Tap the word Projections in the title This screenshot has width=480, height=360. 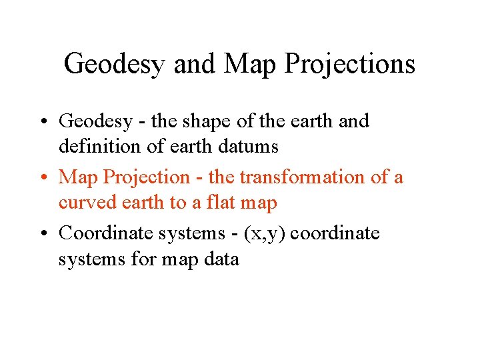(x=350, y=64)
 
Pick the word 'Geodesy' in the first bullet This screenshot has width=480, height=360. (x=96, y=122)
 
